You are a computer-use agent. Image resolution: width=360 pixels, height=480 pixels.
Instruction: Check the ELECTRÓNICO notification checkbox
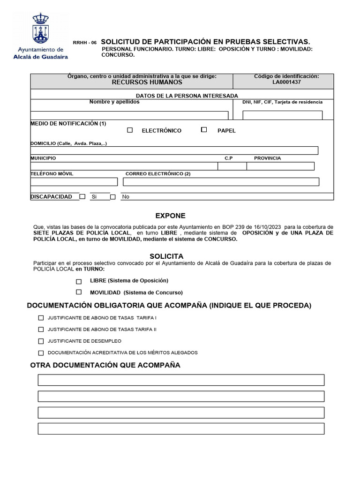pos(130,130)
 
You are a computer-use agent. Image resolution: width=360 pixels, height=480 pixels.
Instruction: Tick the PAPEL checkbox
pos(204,130)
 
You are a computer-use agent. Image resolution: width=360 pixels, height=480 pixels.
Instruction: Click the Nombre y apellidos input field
pos(129,115)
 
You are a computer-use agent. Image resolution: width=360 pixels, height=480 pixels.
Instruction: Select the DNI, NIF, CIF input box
pos(282,115)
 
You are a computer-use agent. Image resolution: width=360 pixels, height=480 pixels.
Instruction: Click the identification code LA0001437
pos(287,82)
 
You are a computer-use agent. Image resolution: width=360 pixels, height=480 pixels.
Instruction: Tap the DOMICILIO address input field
pos(174,150)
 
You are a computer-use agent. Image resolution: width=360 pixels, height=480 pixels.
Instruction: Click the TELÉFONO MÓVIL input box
pos(74,182)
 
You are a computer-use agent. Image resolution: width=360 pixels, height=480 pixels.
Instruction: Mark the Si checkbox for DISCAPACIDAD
pos(82,197)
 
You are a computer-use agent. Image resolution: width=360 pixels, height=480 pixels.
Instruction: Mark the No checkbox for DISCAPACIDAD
pos(113,197)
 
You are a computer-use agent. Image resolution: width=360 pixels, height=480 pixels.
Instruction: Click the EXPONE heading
pos(171,216)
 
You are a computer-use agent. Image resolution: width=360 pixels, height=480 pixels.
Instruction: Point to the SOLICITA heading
pos(166,256)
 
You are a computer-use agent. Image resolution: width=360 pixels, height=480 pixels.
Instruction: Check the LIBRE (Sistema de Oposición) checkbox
pos(79,281)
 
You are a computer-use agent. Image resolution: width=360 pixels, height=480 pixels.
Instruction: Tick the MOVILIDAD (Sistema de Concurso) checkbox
pos(79,292)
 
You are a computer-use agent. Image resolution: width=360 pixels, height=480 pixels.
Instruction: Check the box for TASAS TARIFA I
pos(41,318)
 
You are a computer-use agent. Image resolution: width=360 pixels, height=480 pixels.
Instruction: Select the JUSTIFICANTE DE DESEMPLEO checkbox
pos(41,341)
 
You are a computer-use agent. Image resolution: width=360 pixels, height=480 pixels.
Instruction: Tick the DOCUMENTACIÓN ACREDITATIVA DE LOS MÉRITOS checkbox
pos(41,353)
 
